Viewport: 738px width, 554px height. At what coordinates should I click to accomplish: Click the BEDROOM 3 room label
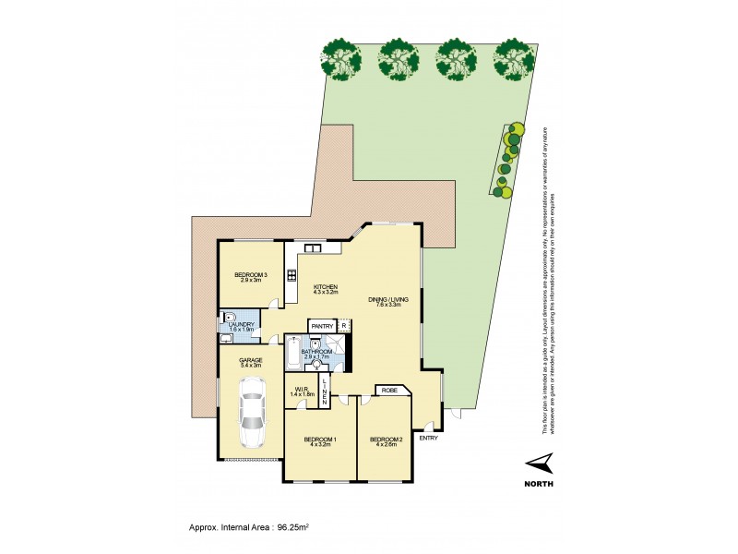(250, 275)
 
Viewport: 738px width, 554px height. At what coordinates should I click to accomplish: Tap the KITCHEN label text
(326, 288)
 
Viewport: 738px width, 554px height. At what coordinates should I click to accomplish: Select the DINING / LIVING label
(388, 300)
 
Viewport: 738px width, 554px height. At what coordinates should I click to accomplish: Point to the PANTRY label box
(322, 326)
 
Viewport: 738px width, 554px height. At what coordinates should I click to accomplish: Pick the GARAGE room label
(251, 361)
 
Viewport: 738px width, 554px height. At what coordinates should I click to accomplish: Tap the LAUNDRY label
(241, 324)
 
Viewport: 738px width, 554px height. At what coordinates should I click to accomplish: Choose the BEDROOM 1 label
(320, 440)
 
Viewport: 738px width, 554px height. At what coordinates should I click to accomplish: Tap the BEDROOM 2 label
(385, 440)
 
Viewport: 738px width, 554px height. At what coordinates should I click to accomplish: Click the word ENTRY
(428, 438)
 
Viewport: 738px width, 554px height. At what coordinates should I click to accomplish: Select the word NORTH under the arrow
(539, 483)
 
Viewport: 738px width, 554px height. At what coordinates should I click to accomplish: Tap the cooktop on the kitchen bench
(292, 274)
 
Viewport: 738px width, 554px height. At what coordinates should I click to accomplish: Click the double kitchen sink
(311, 247)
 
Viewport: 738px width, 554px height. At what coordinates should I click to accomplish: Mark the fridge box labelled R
(343, 326)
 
